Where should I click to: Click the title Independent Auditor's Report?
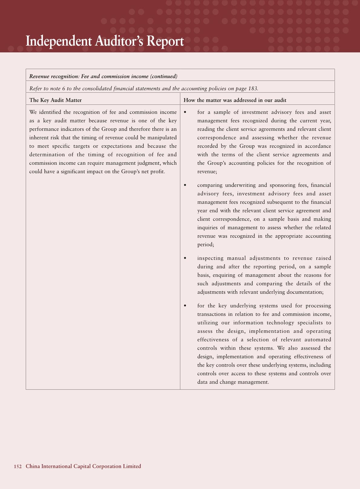click(x=105, y=41)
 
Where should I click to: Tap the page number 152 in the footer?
click(x=18, y=466)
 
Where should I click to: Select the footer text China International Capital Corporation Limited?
click(x=83, y=466)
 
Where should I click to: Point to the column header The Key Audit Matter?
click(x=55, y=100)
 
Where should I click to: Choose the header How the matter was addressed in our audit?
click(x=235, y=100)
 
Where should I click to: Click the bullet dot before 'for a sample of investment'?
click(x=185, y=112)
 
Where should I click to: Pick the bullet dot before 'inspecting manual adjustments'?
click(x=185, y=258)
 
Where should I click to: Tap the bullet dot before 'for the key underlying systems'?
click(x=185, y=306)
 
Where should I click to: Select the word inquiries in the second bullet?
click(x=208, y=228)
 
